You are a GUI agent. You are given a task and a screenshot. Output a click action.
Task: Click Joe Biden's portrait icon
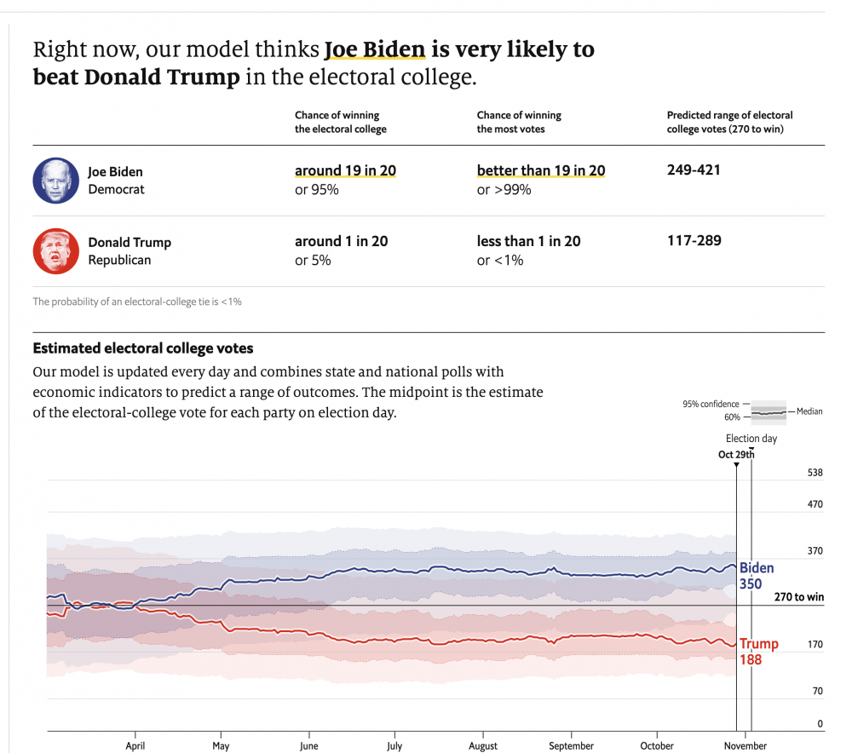55,181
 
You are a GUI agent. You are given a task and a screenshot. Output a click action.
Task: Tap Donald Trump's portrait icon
55,251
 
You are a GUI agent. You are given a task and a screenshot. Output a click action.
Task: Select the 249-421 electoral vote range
694,170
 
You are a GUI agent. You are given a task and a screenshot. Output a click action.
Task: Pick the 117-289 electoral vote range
694,241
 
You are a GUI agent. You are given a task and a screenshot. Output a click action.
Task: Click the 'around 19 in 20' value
345,170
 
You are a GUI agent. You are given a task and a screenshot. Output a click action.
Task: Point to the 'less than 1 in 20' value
528,241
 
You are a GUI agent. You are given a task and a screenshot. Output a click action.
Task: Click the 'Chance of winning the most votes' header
519,122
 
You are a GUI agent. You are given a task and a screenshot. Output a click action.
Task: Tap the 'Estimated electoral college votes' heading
142,348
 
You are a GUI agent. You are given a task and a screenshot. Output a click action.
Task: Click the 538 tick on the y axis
815,473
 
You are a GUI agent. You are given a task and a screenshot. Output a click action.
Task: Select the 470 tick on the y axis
815,504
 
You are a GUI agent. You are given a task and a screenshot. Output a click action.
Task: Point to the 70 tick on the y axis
817,691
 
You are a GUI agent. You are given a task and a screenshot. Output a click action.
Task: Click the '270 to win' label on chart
798,597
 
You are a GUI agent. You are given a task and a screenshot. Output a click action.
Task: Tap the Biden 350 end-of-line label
756,576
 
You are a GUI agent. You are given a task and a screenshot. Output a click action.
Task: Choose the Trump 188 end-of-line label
757,652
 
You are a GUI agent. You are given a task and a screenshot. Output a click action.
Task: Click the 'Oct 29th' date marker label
736,454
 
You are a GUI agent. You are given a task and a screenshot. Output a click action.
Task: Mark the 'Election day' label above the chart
751,439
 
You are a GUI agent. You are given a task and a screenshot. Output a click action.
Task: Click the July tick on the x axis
394,745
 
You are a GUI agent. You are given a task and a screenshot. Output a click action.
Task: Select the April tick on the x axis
135,745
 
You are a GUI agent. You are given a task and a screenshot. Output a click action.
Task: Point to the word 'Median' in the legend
809,411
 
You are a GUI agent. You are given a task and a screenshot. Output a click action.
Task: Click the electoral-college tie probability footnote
137,302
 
